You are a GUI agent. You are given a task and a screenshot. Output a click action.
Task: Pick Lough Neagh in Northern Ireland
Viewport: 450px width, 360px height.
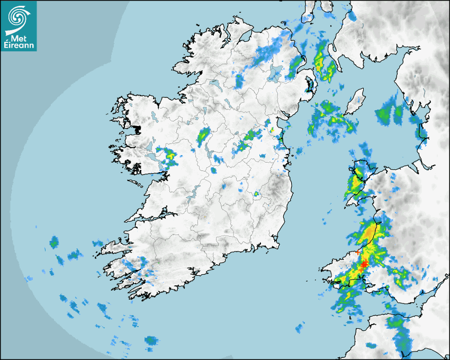pos(274,72)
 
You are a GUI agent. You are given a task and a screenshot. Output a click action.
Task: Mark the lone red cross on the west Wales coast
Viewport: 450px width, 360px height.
pos(358,252)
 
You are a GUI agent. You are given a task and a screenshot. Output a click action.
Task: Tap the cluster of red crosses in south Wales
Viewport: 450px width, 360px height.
pos(364,266)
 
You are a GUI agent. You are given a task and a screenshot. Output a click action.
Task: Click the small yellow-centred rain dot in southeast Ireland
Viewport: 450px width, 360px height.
pos(257,194)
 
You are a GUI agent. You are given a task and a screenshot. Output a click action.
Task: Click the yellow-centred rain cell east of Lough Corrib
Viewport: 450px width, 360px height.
pos(170,156)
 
